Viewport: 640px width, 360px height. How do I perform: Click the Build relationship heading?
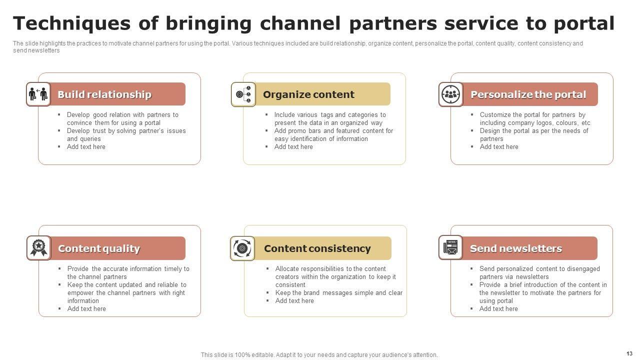104,94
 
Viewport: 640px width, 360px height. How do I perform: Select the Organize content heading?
308,94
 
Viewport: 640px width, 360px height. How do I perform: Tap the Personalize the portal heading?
528,94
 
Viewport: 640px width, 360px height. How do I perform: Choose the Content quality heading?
99,248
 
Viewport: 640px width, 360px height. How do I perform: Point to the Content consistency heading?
317,248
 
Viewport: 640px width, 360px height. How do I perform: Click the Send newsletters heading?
515,248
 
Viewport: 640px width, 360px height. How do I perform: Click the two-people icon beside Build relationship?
38,94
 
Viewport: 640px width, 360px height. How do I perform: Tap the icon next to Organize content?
243,94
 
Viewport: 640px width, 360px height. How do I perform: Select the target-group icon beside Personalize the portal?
451,94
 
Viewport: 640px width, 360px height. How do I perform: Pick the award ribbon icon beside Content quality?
39,248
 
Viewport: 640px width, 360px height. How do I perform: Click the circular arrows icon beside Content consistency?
242,248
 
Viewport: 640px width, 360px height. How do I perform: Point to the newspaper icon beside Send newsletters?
451,248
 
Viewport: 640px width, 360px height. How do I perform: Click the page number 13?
629,353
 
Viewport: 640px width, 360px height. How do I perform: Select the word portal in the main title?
583,23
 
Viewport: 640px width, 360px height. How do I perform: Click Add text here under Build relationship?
86,147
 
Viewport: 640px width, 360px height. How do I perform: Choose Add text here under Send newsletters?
498,309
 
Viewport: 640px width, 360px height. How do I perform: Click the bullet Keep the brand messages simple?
338,293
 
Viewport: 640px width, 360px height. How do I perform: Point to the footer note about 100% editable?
319,355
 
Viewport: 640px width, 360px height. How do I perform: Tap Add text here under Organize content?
293,147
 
